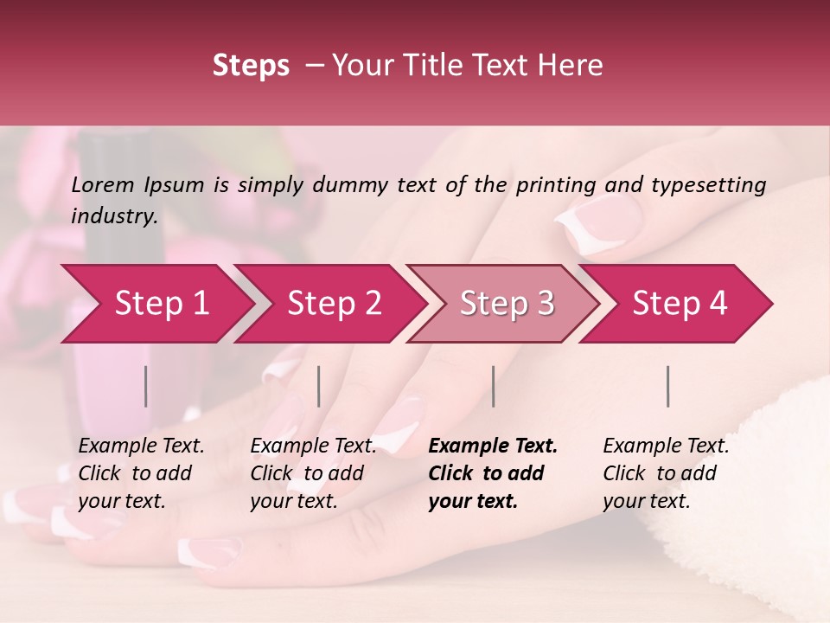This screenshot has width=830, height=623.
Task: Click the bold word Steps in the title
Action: coord(251,66)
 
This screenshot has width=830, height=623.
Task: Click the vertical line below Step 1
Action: coord(146,386)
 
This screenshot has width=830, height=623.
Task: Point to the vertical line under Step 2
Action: coord(319,386)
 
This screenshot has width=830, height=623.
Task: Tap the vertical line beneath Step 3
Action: coord(493,386)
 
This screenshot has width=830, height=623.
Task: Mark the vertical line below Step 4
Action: coord(668,386)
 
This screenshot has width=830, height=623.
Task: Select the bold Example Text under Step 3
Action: coord(493,446)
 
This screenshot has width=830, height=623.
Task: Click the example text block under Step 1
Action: coord(141,473)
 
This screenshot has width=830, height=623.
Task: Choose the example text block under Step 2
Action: coord(313,473)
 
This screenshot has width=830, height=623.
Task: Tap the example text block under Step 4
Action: coord(666,473)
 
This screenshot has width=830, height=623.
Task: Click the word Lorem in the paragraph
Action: coord(103,184)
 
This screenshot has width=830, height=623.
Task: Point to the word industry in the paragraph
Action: coord(113,216)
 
